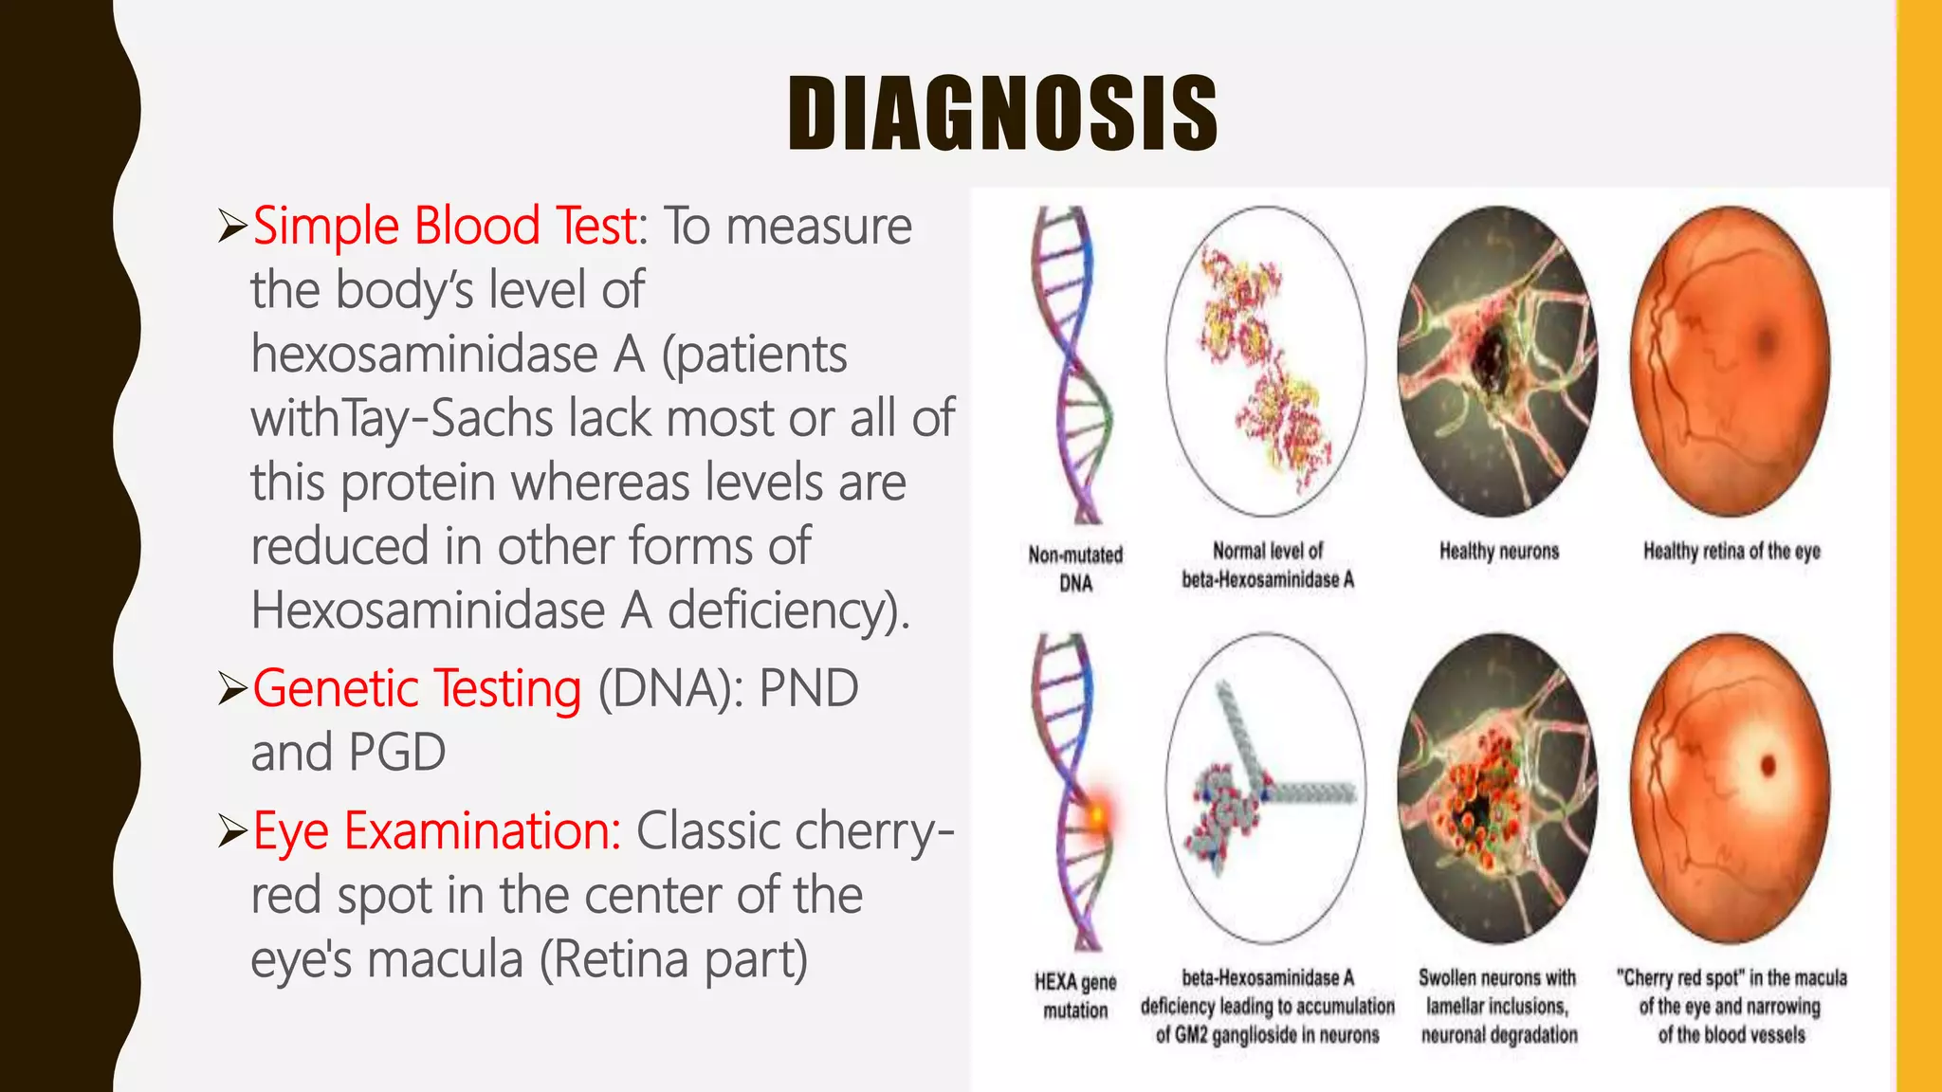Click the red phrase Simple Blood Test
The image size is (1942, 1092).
click(444, 226)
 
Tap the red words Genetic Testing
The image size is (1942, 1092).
click(417, 688)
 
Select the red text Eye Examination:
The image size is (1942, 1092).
click(436, 831)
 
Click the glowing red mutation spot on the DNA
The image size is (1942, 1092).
click(1098, 813)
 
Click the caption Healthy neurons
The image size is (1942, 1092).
click(1498, 551)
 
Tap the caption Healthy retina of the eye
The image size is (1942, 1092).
click(1731, 551)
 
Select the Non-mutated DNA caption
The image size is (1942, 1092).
click(1075, 569)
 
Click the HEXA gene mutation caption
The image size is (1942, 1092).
click(1075, 995)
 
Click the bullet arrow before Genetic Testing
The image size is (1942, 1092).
click(231, 688)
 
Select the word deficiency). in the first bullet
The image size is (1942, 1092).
click(789, 610)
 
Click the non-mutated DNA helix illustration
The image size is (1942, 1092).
click(1072, 365)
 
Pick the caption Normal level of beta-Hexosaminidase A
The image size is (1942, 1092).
click(1267, 565)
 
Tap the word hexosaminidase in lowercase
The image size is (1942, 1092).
click(425, 355)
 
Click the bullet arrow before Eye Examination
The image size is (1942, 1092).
click(231, 831)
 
